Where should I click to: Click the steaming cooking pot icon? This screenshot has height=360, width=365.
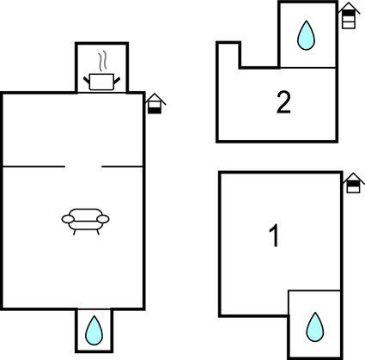(101, 71)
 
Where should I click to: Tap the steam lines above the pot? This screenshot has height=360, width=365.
(103, 61)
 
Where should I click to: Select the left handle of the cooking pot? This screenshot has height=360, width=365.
(87, 80)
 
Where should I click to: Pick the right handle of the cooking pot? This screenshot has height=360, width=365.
(117, 81)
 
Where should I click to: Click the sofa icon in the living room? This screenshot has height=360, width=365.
(86, 222)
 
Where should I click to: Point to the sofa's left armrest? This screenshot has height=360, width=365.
(68, 219)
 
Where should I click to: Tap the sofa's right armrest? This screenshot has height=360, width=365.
(103, 219)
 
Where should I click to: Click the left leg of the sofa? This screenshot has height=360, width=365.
(75, 232)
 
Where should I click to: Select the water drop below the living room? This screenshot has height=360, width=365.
(94, 330)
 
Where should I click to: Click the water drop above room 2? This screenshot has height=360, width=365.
(306, 35)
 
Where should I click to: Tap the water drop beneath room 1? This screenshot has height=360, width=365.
(315, 326)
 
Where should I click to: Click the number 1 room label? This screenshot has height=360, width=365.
(274, 235)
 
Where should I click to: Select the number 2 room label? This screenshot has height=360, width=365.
(283, 102)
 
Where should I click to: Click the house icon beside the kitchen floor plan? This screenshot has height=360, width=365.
(155, 103)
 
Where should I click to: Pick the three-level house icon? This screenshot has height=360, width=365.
(349, 15)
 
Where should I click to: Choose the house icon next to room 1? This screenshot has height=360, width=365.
(354, 183)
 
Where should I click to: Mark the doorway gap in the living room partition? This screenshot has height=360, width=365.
(83, 166)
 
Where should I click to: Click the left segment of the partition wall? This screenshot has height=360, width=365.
(33, 166)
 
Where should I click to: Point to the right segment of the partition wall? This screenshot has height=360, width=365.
(122, 166)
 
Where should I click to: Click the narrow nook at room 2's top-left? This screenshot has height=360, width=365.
(228, 55)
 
